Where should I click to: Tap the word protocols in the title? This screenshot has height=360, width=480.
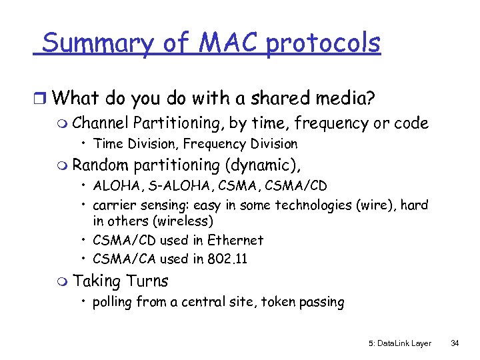tap(323, 45)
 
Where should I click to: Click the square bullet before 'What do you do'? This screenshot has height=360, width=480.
tap(41, 99)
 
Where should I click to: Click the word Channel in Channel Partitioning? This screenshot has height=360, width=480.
tap(100, 123)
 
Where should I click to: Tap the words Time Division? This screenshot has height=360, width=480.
tap(136, 143)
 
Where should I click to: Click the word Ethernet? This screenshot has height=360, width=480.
tap(235, 240)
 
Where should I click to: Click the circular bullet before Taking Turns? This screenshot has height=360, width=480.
tap(63, 282)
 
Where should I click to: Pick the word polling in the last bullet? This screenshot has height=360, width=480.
tap(113, 302)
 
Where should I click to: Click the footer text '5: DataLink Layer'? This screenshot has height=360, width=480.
tap(400, 343)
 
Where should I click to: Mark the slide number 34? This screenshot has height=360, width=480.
tap(455, 343)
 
